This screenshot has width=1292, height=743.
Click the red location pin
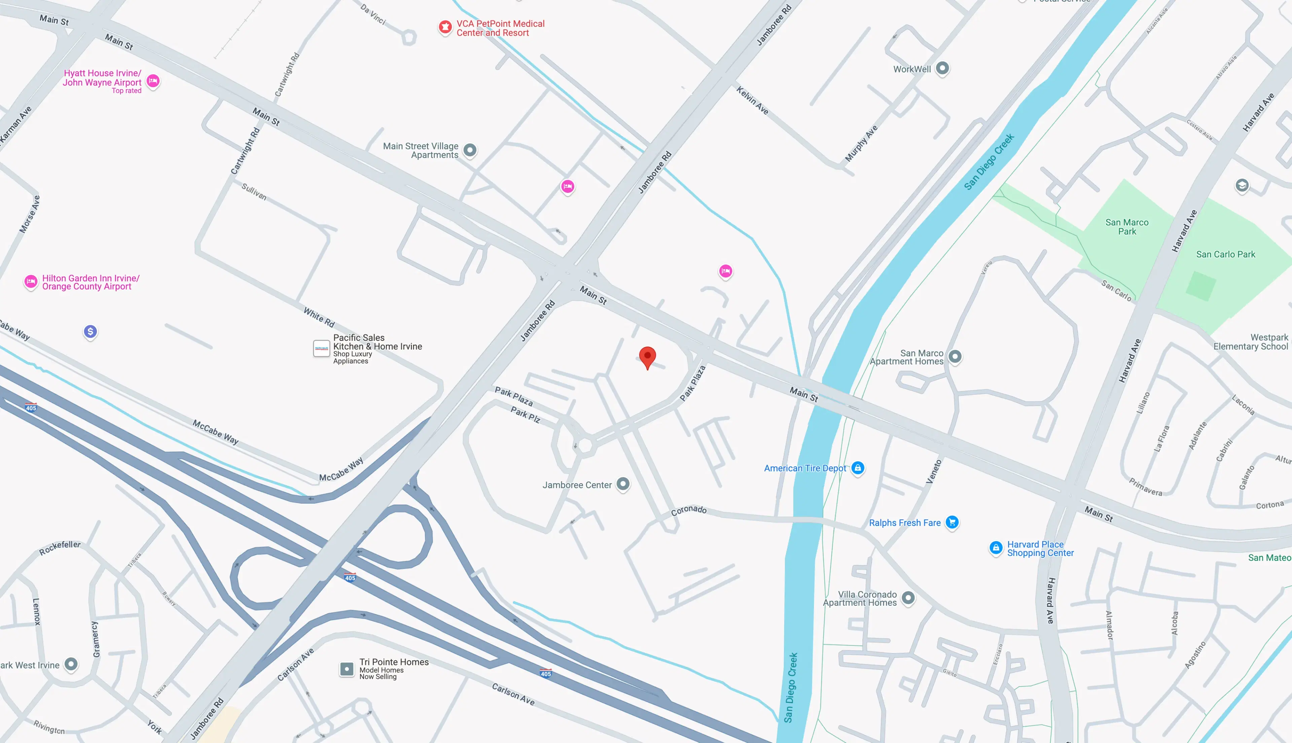pyautogui.click(x=647, y=356)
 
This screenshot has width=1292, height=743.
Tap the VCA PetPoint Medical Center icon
pyautogui.click(x=445, y=27)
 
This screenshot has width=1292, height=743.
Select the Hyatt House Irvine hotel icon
pyautogui.click(x=153, y=81)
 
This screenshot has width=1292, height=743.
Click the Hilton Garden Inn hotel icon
pyautogui.click(x=31, y=281)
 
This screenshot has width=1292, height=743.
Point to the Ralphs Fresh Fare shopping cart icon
pyautogui.click(x=952, y=522)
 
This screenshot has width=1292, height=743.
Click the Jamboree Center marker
pyautogui.click(x=623, y=484)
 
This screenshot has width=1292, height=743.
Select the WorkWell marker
pyautogui.click(x=942, y=68)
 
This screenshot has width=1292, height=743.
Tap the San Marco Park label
pyautogui.click(x=1127, y=226)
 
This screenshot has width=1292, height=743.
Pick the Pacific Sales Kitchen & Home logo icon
pyautogui.click(x=321, y=349)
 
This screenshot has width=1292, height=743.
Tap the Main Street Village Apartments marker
pyautogui.click(x=470, y=150)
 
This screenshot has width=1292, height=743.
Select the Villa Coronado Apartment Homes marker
pyautogui.click(x=908, y=598)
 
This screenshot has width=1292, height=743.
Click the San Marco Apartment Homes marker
pyautogui.click(x=955, y=356)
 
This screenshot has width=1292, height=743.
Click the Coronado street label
pyautogui.click(x=689, y=510)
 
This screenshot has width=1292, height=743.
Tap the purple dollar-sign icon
pyautogui.click(x=90, y=332)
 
